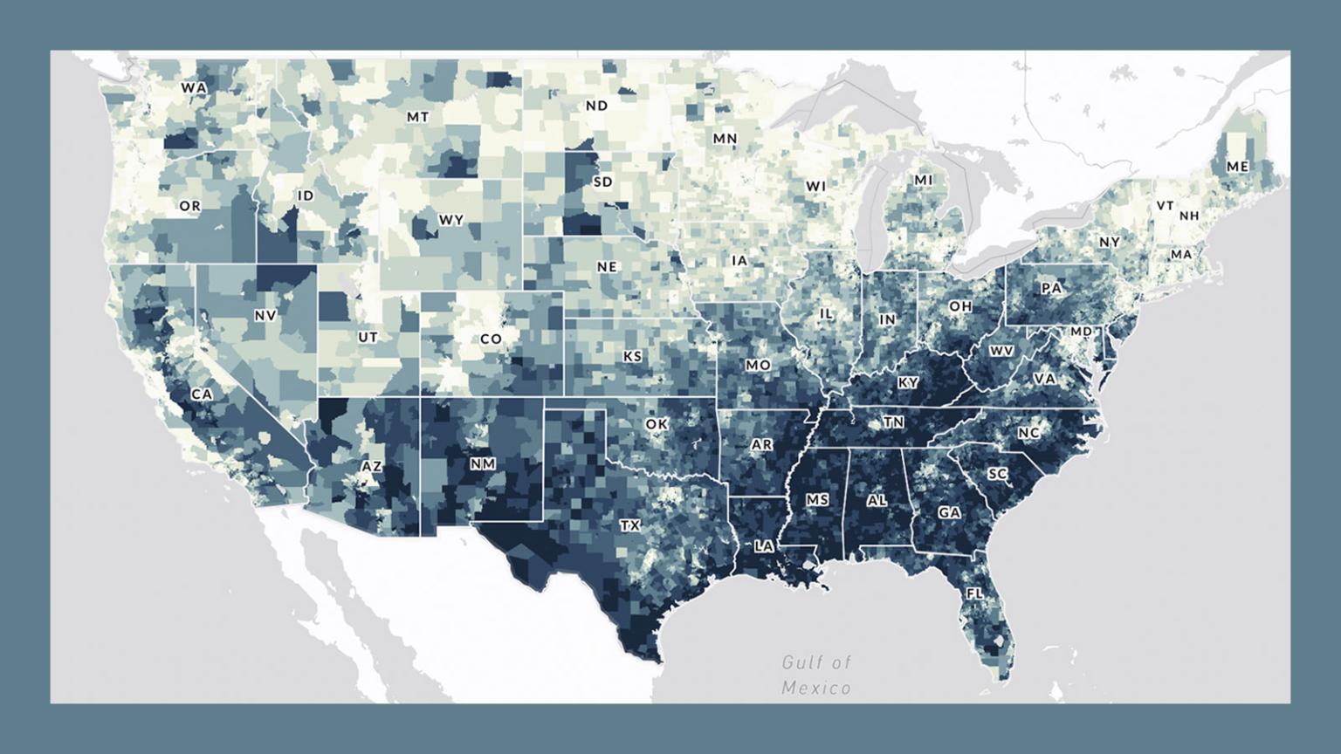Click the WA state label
point(194,88)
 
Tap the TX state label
point(629,525)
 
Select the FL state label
point(973,593)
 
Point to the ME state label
point(1237,167)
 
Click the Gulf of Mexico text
point(816,675)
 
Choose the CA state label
point(202,394)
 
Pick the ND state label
point(597,106)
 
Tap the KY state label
point(908,383)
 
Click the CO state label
point(491,339)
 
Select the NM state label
point(482,464)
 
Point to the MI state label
point(923,180)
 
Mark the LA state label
point(764,546)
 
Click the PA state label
point(1052,287)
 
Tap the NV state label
point(265,315)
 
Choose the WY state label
point(450,220)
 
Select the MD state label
point(1081,332)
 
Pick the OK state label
point(657,424)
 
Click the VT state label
point(1165,206)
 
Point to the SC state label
point(997,474)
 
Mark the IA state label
point(739,260)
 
